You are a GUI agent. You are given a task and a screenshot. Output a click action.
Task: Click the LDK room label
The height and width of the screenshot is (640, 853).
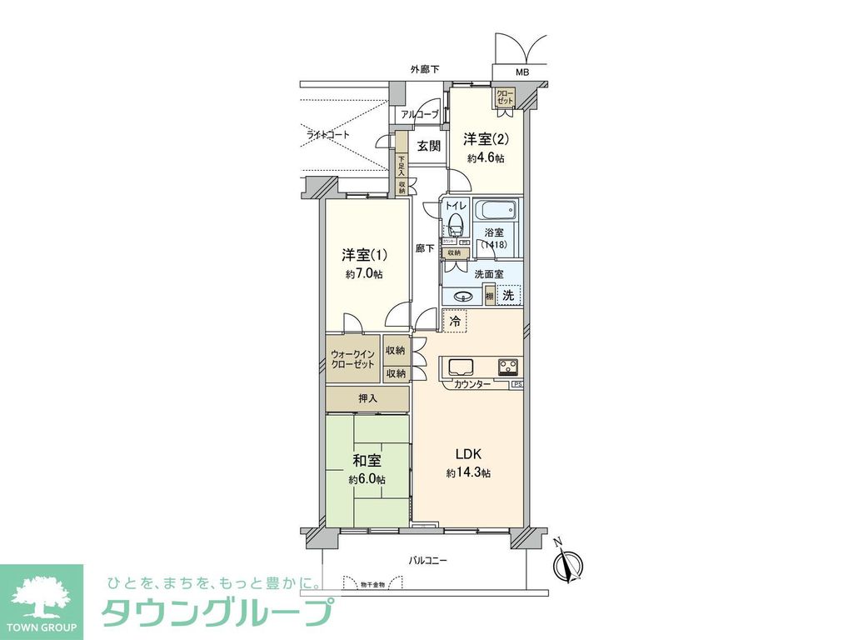click(x=468, y=454)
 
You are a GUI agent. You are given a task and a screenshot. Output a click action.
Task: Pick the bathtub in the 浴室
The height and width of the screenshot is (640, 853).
click(x=497, y=210)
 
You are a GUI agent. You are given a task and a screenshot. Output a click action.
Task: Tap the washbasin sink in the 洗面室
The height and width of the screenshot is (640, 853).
click(x=465, y=295)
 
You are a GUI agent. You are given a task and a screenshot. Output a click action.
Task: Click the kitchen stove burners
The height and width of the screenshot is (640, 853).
click(x=507, y=367)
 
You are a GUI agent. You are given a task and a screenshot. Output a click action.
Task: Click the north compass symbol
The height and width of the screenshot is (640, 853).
click(x=570, y=566)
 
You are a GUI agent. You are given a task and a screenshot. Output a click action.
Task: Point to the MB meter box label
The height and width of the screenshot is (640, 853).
click(x=521, y=72)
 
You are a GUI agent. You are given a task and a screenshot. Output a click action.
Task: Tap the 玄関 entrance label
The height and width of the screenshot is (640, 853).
click(x=428, y=146)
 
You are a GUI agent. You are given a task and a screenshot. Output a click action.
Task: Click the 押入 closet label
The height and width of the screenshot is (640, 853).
click(x=367, y=399)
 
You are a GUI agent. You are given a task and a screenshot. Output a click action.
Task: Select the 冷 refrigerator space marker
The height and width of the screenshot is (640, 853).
click(x=455, y=320)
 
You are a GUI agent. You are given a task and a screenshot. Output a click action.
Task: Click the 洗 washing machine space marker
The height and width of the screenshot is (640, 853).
click(x=509, y=294)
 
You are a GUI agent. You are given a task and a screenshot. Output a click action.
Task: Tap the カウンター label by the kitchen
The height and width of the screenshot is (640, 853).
click(x=471, y=384)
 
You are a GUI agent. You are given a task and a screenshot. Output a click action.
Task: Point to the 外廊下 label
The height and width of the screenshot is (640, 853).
click(x=425, y=69)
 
